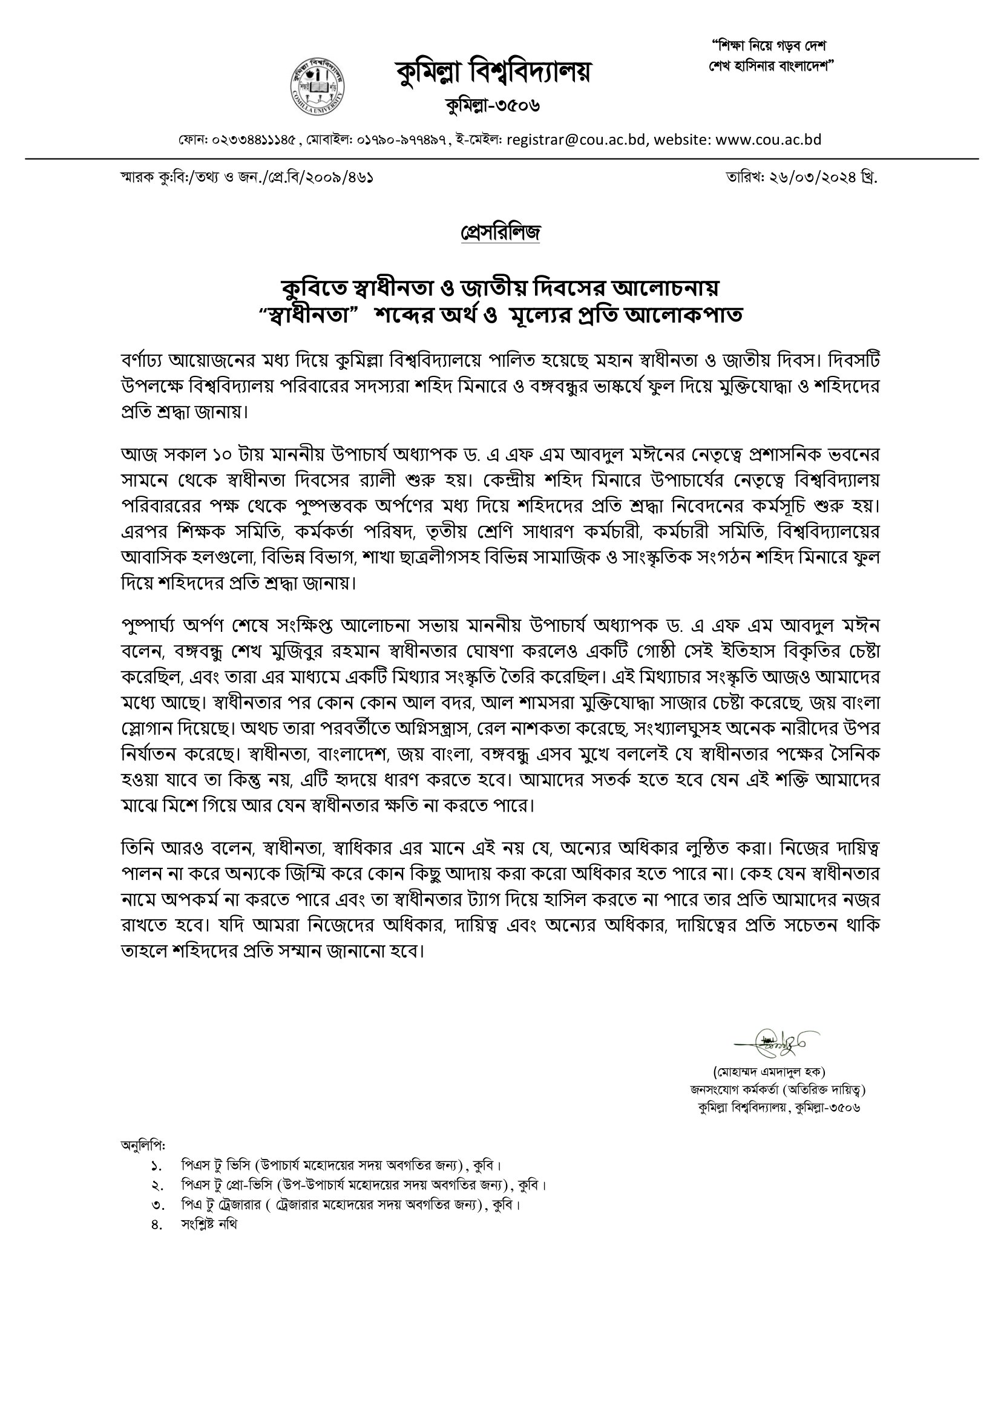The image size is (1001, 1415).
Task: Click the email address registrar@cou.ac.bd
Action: click(576, 139)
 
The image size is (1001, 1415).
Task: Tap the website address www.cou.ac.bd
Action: click(769, 139)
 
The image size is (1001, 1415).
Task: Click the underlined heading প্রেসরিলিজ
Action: click(500, 232)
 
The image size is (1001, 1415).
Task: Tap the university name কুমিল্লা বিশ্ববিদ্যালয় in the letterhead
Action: click(493, 72)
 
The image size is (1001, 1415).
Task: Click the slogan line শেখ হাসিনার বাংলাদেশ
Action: click(770, 66)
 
